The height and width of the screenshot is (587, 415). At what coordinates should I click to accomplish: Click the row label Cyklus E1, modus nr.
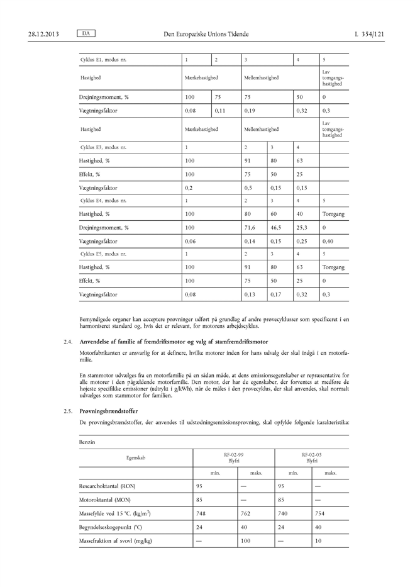click(104, 60)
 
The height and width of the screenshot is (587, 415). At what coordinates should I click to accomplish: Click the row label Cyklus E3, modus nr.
click(104, 147)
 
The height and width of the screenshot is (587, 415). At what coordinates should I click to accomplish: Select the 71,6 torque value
click(253, 227)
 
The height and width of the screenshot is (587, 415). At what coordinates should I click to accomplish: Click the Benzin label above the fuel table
click(87, 442)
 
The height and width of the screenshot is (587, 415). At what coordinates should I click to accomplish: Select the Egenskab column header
click(135, 457)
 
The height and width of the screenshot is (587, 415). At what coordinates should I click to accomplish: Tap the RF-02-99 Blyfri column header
click(235, 457)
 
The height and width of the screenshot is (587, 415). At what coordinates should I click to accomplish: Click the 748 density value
click(201, 513)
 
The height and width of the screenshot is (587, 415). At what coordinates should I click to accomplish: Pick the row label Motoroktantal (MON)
click(106, 500)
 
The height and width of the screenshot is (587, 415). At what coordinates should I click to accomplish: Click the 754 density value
click(321, 513)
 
